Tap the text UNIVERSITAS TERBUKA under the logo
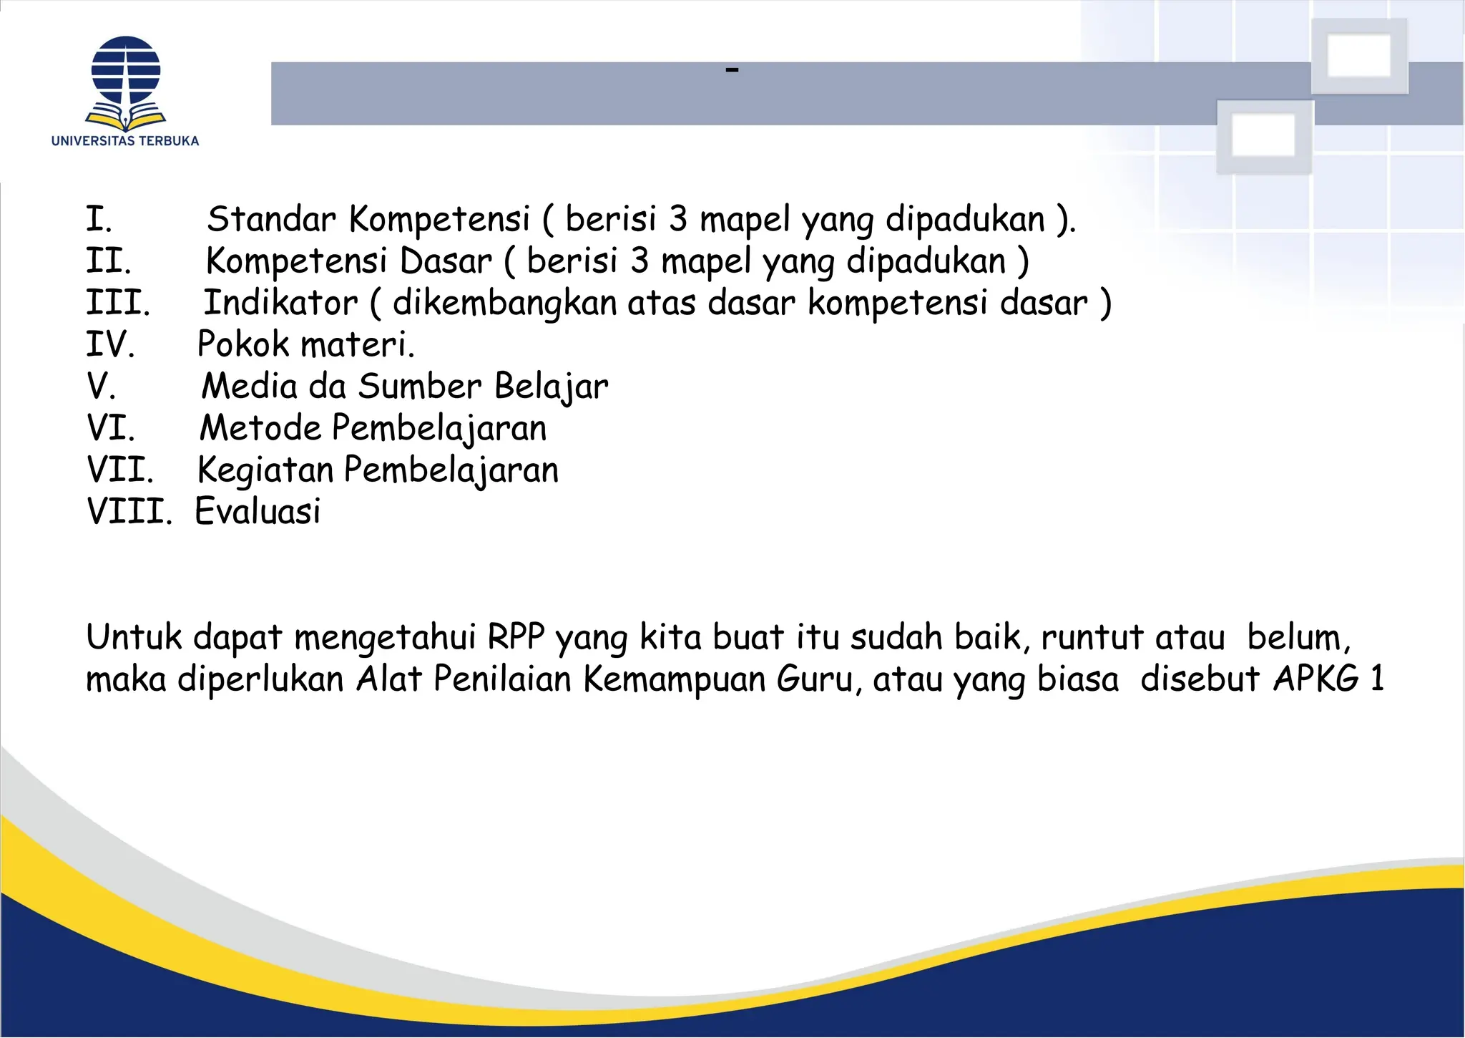125,141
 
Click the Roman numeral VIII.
129,511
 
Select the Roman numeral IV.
109,344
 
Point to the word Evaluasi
258,511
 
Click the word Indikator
280,302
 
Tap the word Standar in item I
271,219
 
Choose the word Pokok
242,344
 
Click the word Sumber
420,386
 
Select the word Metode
260,428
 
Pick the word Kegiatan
265,470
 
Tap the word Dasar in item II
446,261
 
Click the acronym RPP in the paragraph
515,636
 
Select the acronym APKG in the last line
1315,678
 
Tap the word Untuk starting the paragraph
134,636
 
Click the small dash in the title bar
731,70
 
